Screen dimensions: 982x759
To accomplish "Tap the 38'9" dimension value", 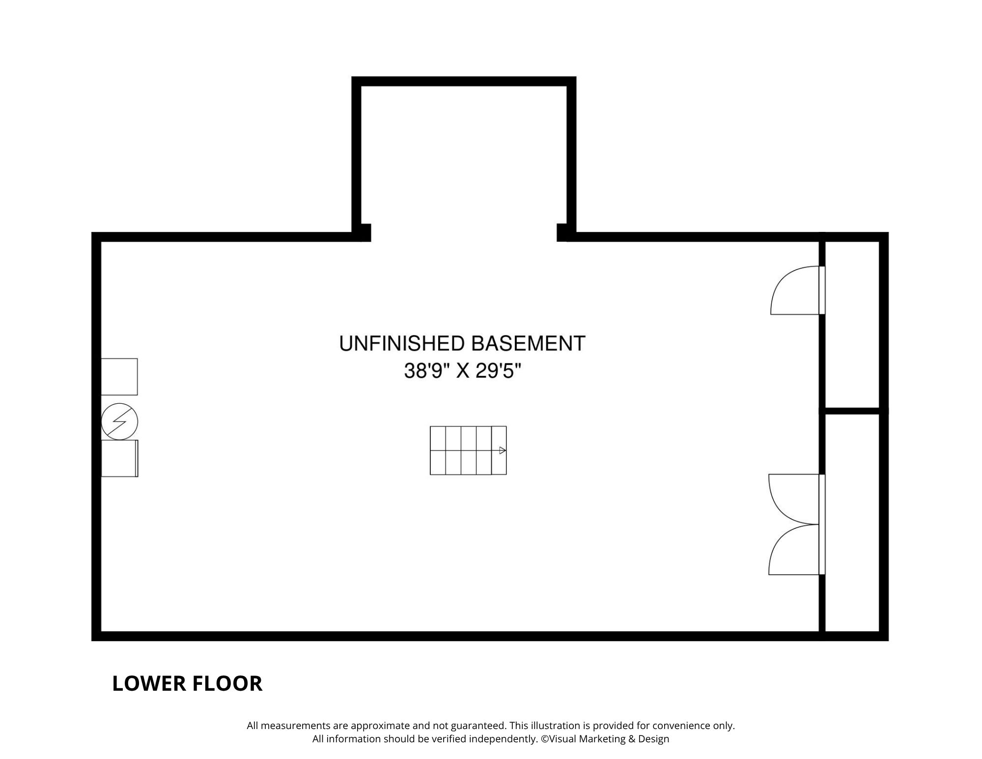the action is (426, 371).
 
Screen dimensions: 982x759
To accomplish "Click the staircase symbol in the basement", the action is (468, 450).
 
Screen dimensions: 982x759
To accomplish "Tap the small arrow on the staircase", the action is (503, 450).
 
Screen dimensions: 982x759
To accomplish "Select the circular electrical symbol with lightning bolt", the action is (119, 422).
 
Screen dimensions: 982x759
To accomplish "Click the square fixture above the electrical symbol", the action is (119, 377).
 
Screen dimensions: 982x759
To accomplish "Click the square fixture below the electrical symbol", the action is (119, 458).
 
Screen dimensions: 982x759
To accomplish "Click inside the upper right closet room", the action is (852, 324).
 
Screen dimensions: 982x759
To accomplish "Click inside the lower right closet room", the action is (852, 522).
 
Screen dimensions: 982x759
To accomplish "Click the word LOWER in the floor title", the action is (147, 684).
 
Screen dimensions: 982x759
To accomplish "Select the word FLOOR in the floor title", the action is (225, 684).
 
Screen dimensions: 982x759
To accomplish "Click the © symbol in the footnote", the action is (545, 739).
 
